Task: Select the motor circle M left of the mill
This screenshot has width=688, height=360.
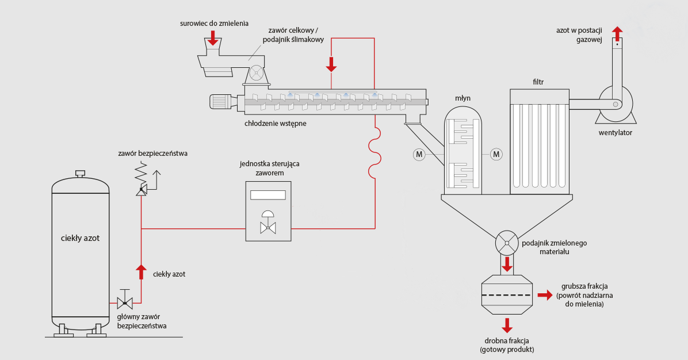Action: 418,154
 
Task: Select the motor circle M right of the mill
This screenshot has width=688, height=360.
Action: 496,154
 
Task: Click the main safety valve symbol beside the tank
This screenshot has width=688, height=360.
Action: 125,302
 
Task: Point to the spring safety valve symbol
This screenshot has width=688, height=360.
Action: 142,180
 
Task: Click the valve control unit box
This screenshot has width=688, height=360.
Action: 268,211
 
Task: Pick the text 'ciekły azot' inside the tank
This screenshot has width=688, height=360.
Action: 80,238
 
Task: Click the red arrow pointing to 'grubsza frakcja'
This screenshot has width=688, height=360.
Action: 544,296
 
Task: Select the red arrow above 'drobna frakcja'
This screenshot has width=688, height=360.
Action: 507,325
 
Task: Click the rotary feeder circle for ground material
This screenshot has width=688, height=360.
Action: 507,243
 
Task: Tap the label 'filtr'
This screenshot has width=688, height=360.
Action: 538,82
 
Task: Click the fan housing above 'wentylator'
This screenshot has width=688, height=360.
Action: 615,104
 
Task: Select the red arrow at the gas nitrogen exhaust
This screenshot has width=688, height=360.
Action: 617,32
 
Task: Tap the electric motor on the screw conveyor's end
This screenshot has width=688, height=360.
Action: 221,102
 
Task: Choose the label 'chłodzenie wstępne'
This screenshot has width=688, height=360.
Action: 275,123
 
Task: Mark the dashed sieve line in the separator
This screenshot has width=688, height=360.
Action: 506,295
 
